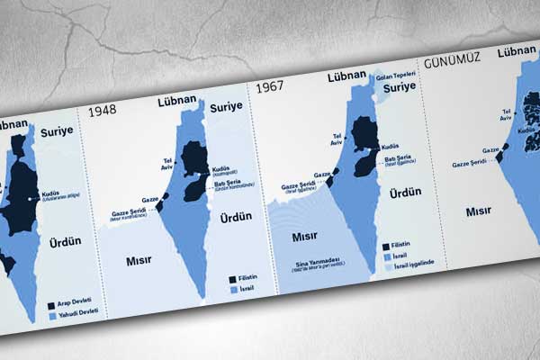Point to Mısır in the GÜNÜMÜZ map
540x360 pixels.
[478, 212]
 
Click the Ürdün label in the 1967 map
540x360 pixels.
[405, 192]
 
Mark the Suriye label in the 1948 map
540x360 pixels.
[227, 106]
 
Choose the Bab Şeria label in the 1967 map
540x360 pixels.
[396, 158]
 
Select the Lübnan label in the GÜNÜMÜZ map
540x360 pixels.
[517, 51]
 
